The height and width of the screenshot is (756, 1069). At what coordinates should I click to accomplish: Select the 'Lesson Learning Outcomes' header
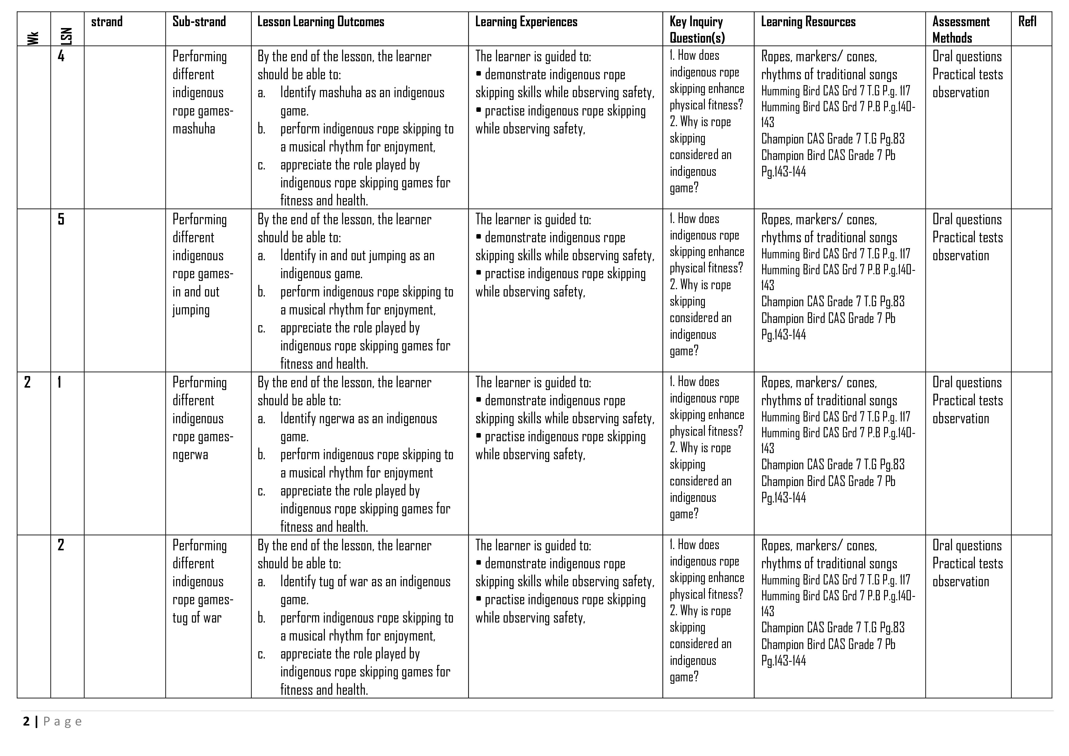[x=321, y=22]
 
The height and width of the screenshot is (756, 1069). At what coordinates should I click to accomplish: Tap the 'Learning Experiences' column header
[x=526, y=22]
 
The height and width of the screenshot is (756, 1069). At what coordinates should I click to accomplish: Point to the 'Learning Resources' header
[x=808, y=22]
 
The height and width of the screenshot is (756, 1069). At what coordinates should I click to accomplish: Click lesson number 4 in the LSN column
[x=61, y=56]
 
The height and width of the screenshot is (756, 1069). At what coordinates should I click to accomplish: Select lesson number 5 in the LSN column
[x=61, y=219]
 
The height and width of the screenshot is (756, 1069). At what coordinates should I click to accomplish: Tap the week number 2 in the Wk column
[x=27, y=382]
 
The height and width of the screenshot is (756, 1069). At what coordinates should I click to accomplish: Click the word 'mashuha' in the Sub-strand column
[x=194, y=129]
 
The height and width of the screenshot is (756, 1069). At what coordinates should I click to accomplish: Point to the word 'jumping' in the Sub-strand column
[x=191, y=310]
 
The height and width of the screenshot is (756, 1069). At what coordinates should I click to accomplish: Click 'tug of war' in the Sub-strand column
[x=197, y=618]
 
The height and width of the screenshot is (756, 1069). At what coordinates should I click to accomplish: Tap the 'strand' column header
[x=107, y=22]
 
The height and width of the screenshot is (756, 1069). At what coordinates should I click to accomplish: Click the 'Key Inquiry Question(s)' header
[x=697, y=29]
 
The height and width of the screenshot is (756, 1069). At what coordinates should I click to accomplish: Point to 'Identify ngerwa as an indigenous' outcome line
[x=358, y=418]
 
